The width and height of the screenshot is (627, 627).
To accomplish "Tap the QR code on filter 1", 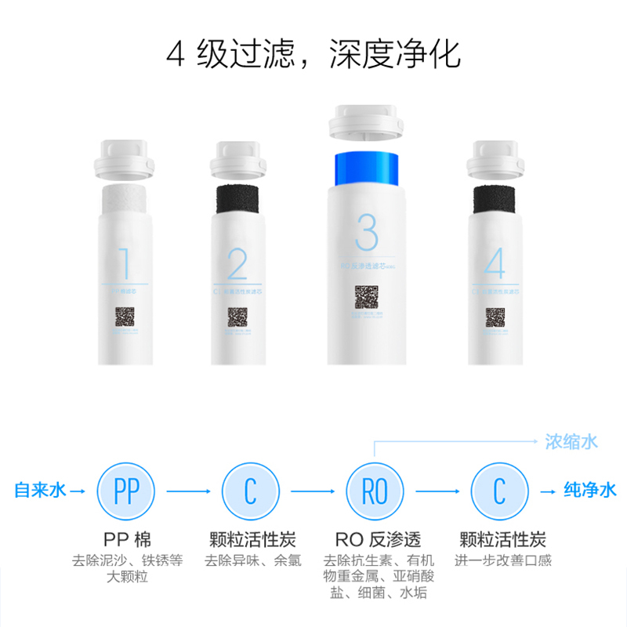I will point(125,317).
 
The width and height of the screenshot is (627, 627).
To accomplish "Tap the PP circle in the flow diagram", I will point(125,491).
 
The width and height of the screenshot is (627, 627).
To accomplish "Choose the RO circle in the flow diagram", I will point(375,491).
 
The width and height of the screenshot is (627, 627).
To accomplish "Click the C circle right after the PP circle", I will point(250,491).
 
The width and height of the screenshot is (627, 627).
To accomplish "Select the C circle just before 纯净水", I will point(498,491).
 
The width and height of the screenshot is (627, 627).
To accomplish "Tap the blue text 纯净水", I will point(590,491).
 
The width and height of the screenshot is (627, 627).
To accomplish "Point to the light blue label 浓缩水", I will point(571,441).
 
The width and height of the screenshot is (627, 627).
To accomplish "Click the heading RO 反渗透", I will point(377,540).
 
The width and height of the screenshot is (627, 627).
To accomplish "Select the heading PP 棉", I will point(125,540).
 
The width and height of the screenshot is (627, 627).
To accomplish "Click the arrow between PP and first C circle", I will point(187,491).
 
